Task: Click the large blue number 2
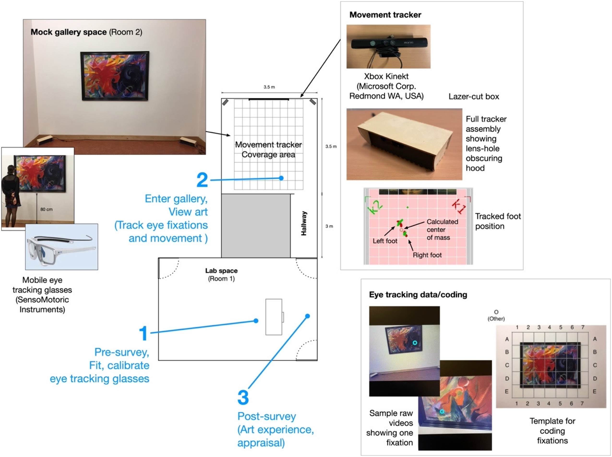pos(202,180)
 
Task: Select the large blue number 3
pos(243,397)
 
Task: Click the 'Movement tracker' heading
pos(385,15)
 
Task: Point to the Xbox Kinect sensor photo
pos(389,47)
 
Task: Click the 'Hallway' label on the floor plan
pos(304,223)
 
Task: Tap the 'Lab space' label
pos(221,271)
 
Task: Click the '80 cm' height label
pos(47,209)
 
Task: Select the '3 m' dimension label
pos(329,226)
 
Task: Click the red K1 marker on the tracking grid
pos(459,206)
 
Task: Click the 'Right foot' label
pos(427,255)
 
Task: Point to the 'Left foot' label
pos(385,241)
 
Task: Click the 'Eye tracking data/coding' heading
pos(418,295)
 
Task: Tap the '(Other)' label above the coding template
pos(496,318)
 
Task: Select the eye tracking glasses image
pos(61,247)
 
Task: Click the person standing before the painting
pos(11,196)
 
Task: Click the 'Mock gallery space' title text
pos(69,32)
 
